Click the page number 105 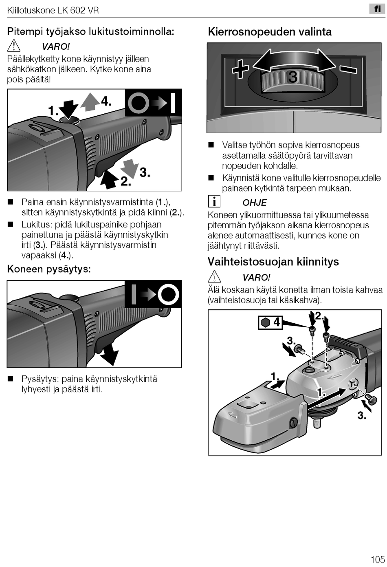pos(377,559)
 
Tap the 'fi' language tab pos(377,9)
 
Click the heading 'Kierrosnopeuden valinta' pos(270,32)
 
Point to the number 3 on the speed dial pos(292,77)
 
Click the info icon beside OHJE pos(214,201)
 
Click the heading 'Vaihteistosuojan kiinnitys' pos(273,261)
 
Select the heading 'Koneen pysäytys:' pos(49,269)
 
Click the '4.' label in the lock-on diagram pos(106,101)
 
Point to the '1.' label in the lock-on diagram pos(53,111)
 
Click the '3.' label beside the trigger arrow pos(145,172)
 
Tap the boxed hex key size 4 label pos(270,322)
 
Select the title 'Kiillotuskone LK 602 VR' pos(53,10)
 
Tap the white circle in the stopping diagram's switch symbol pos(168,294)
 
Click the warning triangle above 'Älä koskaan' pos(214,277)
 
